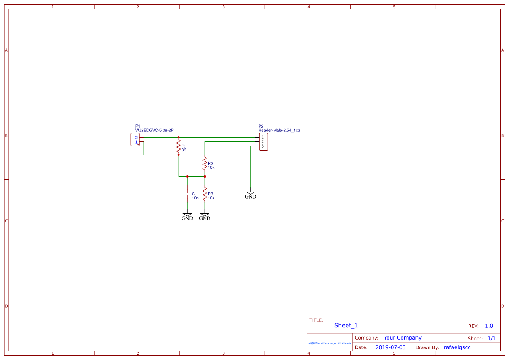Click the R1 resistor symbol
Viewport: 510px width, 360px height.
(x=179, y=146)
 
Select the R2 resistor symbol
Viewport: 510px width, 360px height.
(x=205, y=164)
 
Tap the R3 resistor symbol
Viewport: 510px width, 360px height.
(x=205, y=194)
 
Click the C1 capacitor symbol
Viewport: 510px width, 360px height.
(x=187, y=194)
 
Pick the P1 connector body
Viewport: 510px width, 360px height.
(x=135, y=140)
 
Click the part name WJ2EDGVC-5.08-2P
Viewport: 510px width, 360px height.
(x=155, y=130)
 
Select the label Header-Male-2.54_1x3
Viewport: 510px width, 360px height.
(x=279, y=130)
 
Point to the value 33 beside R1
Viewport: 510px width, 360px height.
(x=184, y=150)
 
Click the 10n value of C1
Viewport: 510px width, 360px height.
(x=195, y=198)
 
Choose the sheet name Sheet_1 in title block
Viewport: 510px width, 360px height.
(x=346, y=325)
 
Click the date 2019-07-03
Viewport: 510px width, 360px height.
(x=390, y=347)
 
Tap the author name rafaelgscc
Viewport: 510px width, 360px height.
(x=457, y=347)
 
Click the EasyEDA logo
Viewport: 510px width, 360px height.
(x=330, y=343)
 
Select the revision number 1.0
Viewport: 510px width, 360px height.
(x=489, y=326)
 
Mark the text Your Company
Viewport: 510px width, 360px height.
(x=402, y=338)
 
